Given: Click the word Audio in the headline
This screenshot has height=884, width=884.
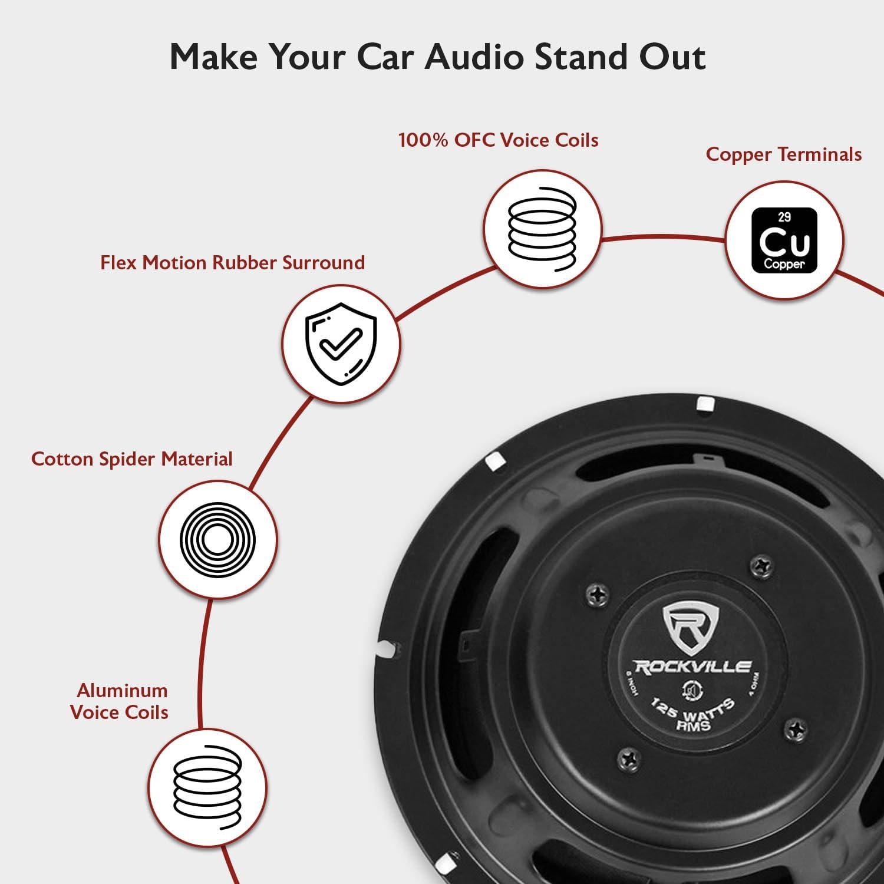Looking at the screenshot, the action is (473, 57).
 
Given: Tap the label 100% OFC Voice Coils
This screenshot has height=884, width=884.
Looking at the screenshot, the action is (499, 140).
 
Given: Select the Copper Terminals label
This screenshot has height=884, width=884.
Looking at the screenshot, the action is (784, 154).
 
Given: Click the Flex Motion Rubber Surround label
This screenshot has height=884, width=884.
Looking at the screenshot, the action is (233, 262).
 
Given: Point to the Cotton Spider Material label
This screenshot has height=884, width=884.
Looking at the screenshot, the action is (132, 459).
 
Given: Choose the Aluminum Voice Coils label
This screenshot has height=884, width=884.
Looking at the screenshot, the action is (120, 701).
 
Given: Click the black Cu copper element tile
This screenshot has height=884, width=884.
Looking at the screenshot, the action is (784, 240).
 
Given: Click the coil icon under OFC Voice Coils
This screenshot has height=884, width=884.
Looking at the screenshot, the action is (542, 229).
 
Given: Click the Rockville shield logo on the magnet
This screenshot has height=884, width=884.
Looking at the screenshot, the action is (692, 628).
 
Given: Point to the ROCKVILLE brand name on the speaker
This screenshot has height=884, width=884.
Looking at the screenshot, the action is (691, 666).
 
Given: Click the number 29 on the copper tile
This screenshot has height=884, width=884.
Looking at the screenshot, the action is (784, 217).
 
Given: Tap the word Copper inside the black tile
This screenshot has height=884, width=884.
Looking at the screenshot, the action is (784, 264).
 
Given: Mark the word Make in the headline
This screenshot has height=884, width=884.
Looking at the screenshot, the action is (214, 57).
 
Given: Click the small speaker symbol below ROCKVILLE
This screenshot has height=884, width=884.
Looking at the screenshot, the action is (690, 689).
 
